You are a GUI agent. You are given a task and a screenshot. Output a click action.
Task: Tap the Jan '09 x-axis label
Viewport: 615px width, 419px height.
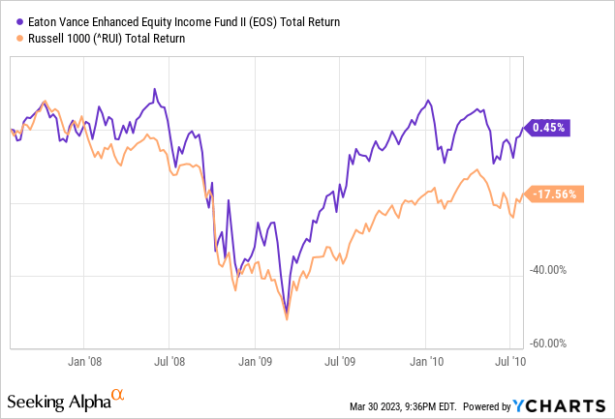[x=254, y=361]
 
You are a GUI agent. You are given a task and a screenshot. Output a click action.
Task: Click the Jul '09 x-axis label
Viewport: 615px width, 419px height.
[x=339, y=361]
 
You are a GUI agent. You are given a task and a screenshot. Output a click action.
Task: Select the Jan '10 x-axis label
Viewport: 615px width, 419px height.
[x=425, y=361]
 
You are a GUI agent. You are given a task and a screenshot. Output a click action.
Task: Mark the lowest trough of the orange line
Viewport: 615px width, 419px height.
[x=287, y=318]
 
